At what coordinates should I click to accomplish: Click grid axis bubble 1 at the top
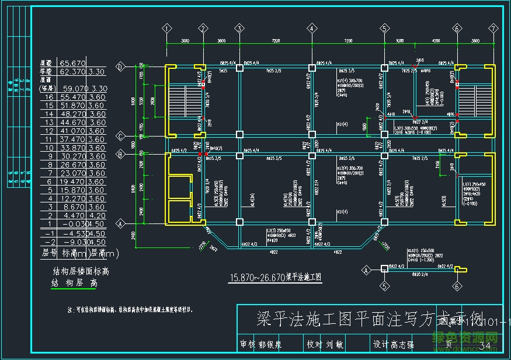[x=167, y=28]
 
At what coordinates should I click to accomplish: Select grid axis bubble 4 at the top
[x=312, y=28]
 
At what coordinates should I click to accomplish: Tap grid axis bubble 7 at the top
[x=493, y=28]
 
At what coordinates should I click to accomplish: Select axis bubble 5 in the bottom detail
[x=384, y=286]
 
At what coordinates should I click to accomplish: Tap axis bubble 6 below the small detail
[x=456, y=286]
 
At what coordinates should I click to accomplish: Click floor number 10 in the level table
[x=50, y=148]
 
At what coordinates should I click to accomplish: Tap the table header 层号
[x=50, y=253]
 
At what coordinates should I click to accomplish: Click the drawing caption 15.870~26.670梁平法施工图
[x=276, y=277]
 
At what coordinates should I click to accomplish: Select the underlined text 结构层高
[x=72, y=282]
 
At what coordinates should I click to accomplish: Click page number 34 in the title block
[x=484, y=346]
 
